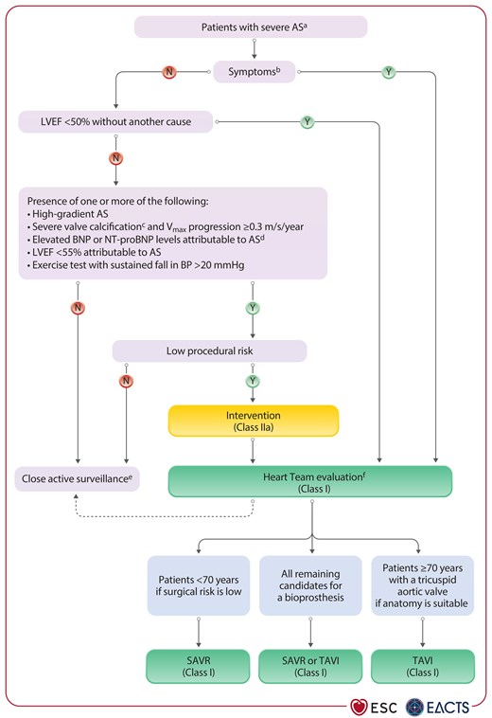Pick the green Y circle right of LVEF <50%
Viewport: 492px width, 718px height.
click(307, 121)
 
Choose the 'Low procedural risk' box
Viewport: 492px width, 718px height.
click(209, 350)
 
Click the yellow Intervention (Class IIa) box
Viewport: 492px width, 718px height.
click(254, 422)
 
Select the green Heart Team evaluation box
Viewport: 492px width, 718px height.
click(310, 480)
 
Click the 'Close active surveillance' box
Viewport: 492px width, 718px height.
click(79, 479)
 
